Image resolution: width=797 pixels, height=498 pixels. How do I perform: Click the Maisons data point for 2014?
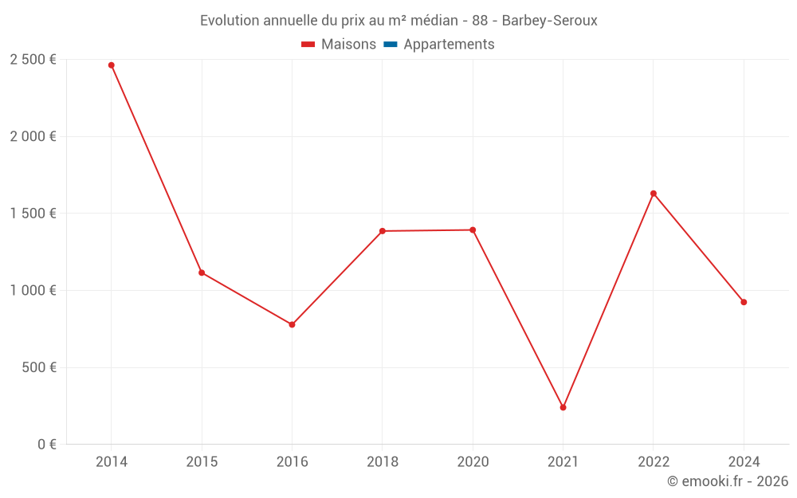[112, 65]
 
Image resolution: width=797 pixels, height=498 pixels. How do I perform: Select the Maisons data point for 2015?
[202, 273]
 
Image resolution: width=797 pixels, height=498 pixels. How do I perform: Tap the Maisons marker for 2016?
[292, 324]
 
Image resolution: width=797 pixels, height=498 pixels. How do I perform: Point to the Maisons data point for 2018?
[383, 231]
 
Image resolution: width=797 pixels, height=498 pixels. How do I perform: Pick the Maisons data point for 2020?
[473, 230]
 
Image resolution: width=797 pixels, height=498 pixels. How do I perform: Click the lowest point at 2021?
[563, 407]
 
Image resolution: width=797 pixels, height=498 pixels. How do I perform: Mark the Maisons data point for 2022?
[654, 194]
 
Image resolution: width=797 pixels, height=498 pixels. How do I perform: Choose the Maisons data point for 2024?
[744, 302]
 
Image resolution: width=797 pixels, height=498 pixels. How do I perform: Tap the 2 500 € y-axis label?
[33, 60]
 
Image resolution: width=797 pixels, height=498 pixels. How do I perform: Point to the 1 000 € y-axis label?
[33, 291]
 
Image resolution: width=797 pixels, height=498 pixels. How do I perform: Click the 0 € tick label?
[46, 445]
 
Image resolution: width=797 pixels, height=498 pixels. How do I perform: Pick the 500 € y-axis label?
[38, 367]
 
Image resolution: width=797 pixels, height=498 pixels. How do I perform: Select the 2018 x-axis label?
[383, 462]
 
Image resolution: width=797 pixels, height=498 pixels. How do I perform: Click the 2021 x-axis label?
[563, 462]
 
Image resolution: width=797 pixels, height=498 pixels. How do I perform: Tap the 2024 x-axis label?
[744, 462]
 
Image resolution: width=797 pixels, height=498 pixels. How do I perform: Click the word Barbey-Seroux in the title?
[549, 21]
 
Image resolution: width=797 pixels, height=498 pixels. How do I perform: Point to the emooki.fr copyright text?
[727, 481]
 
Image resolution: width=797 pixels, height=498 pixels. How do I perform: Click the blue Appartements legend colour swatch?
[391, 45]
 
